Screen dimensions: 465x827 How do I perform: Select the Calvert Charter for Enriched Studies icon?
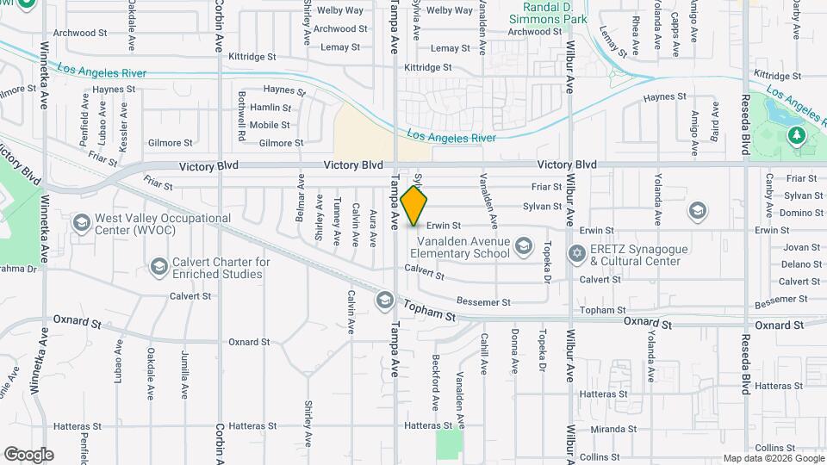click(x=159, y=268)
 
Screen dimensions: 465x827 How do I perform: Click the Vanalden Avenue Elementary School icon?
click(x=523, y=248)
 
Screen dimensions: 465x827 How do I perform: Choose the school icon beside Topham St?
click(x=384, y=300)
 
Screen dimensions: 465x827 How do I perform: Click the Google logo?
click(x=28, y=455)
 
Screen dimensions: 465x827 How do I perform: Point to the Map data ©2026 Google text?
click(x=772, y=458)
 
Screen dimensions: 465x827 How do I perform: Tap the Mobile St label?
click(x=270, y=125)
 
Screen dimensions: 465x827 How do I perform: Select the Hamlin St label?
click(x=270, y=108)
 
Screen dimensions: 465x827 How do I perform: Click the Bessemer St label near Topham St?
click(x=483, y=302)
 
